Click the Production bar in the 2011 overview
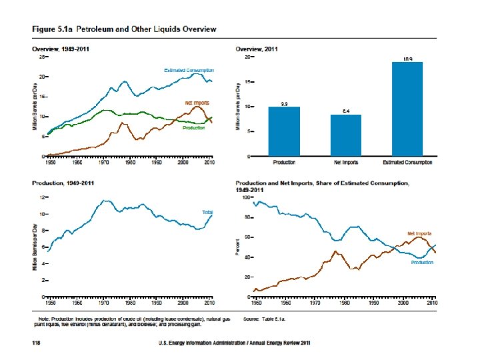tap(284, 131)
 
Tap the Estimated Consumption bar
tap(407, 109)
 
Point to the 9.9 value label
tap(284, 104)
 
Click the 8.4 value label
tap(346, 111)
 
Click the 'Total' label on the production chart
tap(207, 211)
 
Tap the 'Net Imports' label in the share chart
tap(419, 233)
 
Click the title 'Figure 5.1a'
tap(54, 29)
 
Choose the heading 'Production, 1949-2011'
tap(63, 183)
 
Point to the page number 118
tap(38, 343)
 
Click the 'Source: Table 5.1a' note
tap(268, 320)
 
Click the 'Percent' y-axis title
tap(238, 247)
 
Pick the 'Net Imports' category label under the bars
tap(346, 162)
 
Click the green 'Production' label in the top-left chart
tap(194, 128)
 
